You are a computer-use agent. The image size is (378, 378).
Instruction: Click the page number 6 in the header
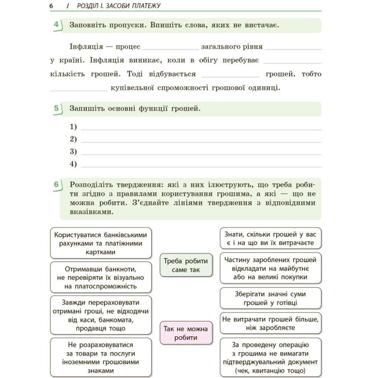click(51, 6)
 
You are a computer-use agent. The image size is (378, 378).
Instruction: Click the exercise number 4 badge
click(56, 25)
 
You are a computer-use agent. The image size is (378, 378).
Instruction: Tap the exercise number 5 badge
click(56, 109)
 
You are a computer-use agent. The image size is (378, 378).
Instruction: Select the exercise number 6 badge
click(56, 185)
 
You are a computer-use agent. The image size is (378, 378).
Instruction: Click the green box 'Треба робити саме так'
click(186, 265)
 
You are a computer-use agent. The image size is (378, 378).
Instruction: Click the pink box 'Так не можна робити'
click(186, 333)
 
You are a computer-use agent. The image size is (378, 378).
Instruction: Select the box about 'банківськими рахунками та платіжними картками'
click(101, 243)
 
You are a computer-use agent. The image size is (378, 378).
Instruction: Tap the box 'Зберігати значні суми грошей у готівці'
click(271, 299)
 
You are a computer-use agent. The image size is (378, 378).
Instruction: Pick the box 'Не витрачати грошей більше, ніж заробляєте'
click(271, 323)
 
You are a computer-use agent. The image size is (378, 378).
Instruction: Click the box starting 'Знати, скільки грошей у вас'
click(271, 238)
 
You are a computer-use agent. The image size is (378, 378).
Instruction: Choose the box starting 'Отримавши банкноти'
click(101, 277)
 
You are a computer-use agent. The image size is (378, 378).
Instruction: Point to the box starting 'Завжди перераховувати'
click(101, 315)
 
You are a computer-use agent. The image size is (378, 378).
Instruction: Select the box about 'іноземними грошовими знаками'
click(101, 358)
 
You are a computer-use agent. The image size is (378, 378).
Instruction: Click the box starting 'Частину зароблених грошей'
click(271, 268)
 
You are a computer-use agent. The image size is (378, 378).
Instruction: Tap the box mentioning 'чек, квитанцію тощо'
click(271, 358)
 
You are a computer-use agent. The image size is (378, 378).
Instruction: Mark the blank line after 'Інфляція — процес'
click(171, 48)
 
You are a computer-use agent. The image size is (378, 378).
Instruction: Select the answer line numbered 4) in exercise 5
click(201, 166)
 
